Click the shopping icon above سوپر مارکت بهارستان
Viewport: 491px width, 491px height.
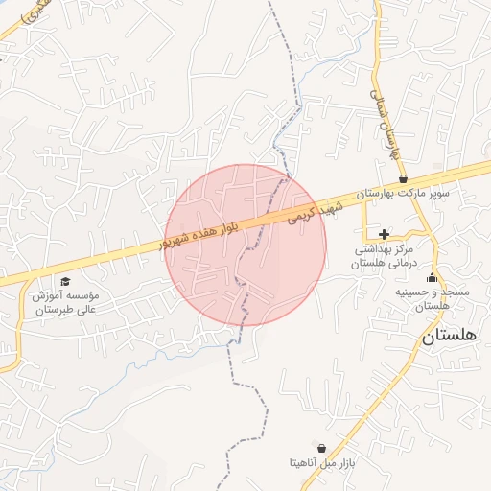pyautogui.click(x=403, y=178)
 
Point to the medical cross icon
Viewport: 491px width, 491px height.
pyautogui.click(x=384, y=234)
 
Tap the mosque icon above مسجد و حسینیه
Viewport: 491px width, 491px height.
pyautogui.click(x=431, y=278)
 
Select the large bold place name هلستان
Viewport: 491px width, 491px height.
pyautogui.click(x=455, y=337)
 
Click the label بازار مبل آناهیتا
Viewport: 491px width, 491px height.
pyautogui.click(x=322, y=462)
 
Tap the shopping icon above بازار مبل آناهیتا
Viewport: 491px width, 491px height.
pyautogui.click(x=320, y=448)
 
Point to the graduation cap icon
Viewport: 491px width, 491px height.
pyautogui.click(x=65, y=281)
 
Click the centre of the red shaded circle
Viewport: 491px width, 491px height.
pyautogui.click(x=245, y=245)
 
